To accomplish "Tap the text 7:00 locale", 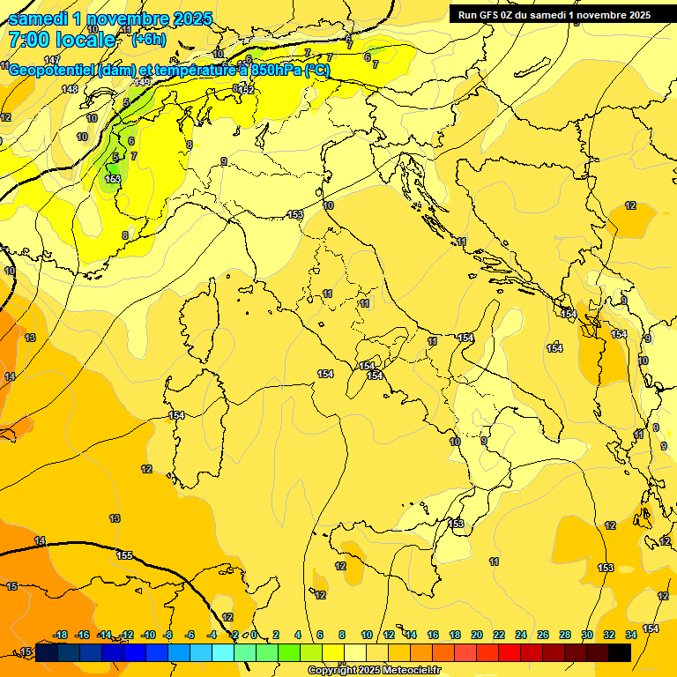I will click(62, 40).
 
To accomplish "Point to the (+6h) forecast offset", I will click(148, 40).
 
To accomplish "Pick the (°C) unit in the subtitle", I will click(317, 71).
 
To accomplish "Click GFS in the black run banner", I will click(495, 15).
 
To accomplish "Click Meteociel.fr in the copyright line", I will click(406, 671).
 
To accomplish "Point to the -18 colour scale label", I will click(61, 635).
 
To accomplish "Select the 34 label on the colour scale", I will click(631, 635).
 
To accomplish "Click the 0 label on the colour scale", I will click(254, 635).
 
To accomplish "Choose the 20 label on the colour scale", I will click(477, 635).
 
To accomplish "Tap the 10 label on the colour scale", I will click(367, 635).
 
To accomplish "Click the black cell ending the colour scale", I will click(620, 651).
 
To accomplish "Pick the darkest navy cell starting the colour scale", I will click(47, 651).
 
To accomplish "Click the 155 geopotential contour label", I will click(124, 555).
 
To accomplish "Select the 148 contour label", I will click(70, 89).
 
